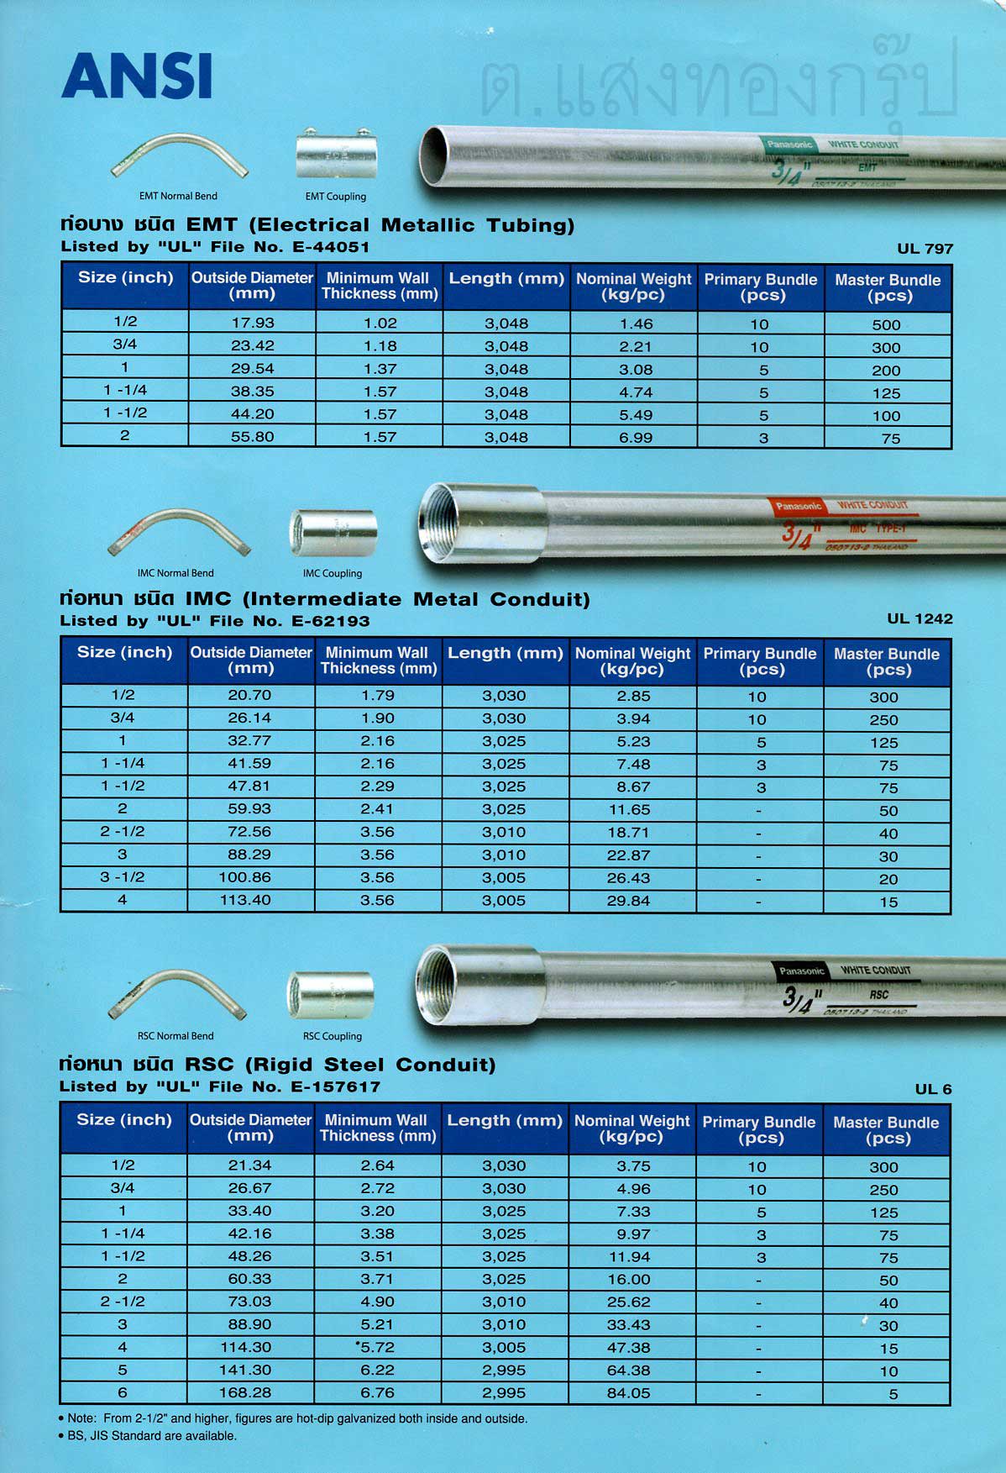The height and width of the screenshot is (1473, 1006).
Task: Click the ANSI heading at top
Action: coord(136,76)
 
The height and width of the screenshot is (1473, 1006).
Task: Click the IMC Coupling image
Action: coord(333,532)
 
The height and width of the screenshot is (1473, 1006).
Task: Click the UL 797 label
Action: coord(925,249)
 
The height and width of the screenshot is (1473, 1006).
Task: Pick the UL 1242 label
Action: coord(920,619)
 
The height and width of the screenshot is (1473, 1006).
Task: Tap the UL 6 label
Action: coord(933,1089)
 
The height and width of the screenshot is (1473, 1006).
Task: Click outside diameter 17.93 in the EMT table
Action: coord(252,323)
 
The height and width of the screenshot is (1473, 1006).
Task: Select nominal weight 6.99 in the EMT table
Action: coord(635,438)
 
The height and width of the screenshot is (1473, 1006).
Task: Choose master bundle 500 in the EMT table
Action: coord(886,325)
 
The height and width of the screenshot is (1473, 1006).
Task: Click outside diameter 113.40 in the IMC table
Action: coord(245,900)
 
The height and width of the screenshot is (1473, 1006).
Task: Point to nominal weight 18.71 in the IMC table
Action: coord(628,833)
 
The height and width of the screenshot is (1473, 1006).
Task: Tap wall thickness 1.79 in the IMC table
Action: coord(377,696)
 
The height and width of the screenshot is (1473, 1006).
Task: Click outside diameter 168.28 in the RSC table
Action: coord(245,1392)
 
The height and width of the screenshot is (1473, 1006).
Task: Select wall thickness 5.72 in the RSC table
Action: coord(377,1347)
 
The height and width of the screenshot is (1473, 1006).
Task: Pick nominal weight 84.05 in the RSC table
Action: coord(628,1393)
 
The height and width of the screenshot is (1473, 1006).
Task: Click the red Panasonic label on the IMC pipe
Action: coord(798,506)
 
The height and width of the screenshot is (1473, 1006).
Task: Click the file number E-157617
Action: coord(335,1087)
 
